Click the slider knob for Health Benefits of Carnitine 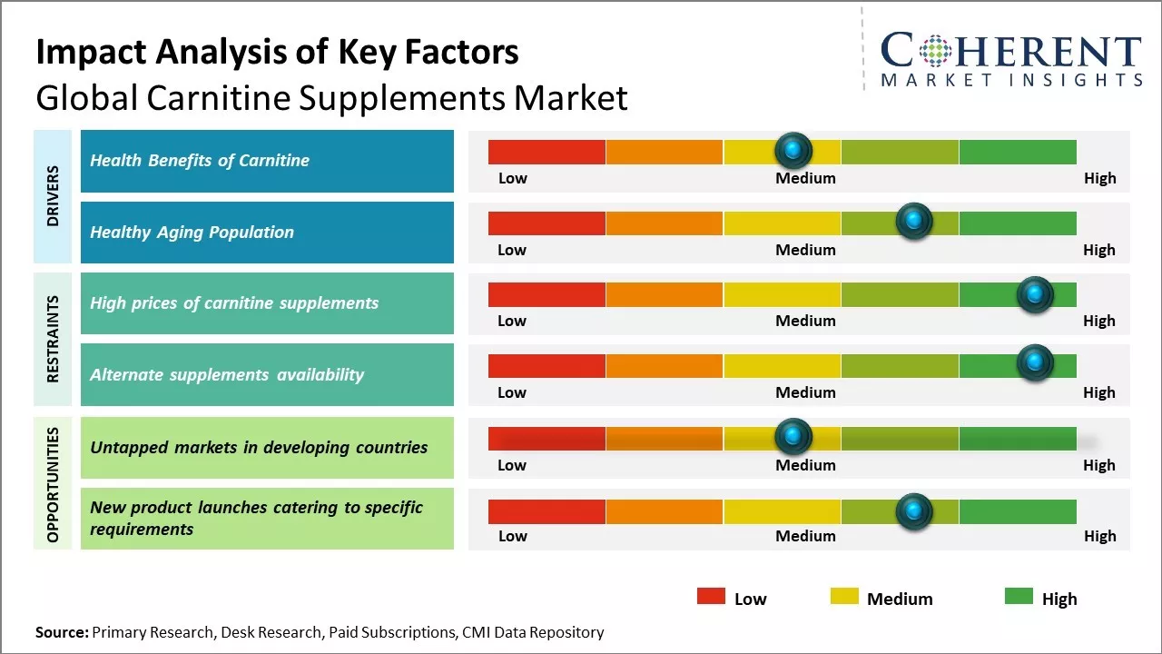pyautogui.click(x=793, y=150)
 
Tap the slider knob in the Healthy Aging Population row pyautogui.click(x=913, y=222)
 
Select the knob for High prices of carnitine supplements pyautogui.click(x=1034, y=293)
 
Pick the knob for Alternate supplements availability pyautogui.click(x=1034, y=362)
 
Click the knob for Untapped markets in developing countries pyautogui.click(x=793, y=437)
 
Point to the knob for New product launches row pyautogui.click(x=913, y=511)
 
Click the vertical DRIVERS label pyautogui.click(x=54, y=196)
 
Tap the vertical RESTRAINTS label pyautogui.click(x=54, y=339)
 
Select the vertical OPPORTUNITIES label pyautogui.click(x=54, y=484)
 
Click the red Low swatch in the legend pyautogui.click(x=711, y=597)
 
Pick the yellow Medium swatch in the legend pyautogui.click(x=844, y=597)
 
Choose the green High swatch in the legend pyautogui.click(x=1019, y=597)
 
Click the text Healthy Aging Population pyautogui.click(x=192, y=233)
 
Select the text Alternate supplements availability pyautogui.click(x=226, y=375)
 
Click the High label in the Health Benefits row pyautogui.click(x=1099, y=178)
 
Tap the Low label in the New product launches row pyautogui.click(x=512, y=536)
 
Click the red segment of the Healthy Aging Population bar pyautogui.click(x=547, y=223)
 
